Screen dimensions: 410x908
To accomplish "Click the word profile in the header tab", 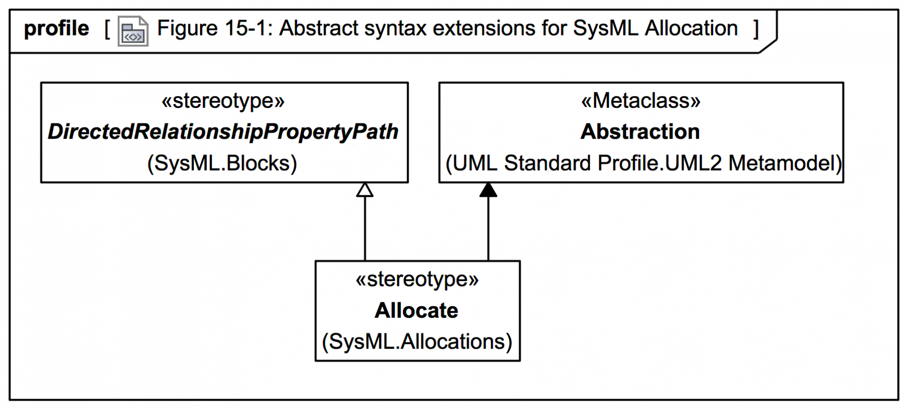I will pos(56,29).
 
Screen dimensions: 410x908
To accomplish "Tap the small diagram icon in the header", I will pos(133,31).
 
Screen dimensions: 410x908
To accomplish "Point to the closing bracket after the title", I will pos(756,29).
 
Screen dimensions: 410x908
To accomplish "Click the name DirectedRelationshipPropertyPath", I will pos(223,132).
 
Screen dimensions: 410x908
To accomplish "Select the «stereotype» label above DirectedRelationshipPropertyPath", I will pos(223,101).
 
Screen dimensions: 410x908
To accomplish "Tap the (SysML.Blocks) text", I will pos(222,164).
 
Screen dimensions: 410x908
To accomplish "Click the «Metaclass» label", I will pos(641,101).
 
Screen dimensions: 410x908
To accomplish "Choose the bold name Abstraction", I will pos(640,132).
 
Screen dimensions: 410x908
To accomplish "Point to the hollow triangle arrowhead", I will pos(365,190).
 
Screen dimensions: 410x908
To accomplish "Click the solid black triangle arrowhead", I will pos(488,190).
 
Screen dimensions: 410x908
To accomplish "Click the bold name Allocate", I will pos(417,311).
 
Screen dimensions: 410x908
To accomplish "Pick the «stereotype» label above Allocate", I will pos(417,279).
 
